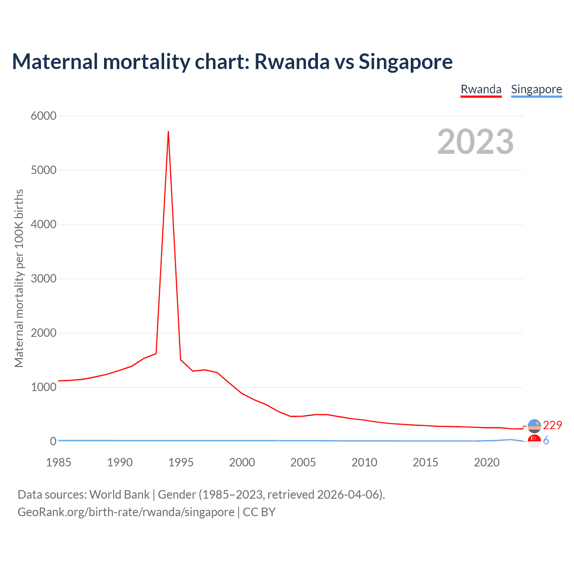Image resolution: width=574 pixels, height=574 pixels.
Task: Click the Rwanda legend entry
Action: (481, 89)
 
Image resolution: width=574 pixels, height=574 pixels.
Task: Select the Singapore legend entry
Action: (536, 89)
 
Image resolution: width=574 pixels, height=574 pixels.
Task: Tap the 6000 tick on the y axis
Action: (43, 116)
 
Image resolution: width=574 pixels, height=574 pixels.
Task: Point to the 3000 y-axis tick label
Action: (43, 278)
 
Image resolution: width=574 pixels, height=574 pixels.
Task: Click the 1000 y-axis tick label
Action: (43, 387)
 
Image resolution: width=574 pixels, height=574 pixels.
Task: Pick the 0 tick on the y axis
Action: (53, 441)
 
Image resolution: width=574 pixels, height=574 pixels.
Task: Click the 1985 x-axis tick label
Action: (58, 462)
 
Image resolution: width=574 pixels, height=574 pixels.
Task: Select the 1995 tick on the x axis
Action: (181, 462)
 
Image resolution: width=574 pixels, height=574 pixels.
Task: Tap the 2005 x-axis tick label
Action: (303, 462)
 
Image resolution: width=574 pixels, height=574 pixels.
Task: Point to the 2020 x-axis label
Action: (487, 462)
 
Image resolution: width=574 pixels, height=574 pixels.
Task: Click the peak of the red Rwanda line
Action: (168, 132)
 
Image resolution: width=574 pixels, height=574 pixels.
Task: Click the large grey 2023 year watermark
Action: (475, 142)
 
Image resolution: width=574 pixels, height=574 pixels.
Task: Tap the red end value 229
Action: (552, 425)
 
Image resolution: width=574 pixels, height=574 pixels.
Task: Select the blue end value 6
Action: (546, 441)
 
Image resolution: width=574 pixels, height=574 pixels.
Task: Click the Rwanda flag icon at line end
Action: (535, 426)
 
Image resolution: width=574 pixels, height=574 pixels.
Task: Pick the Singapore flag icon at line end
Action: (535, 441)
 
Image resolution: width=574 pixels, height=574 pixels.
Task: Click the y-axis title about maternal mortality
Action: (19, 278)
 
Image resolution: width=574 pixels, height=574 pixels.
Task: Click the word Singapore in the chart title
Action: (405, 61)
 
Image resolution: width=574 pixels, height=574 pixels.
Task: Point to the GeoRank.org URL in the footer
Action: (126, 512)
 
